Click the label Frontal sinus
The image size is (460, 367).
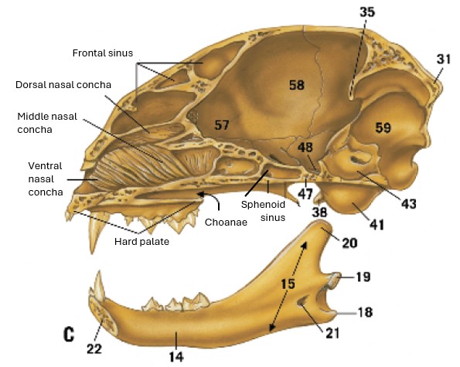103,53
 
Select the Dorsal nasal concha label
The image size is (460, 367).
63,85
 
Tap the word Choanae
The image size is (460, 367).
226,223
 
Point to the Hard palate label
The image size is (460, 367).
141,242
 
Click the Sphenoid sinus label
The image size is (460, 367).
263,211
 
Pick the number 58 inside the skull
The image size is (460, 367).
297,85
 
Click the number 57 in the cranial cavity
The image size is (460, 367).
221,125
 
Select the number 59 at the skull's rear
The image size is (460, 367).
383,127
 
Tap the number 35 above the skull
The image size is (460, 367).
367,12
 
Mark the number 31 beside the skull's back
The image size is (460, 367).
443,59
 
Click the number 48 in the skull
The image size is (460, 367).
305,147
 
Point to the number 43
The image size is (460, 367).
409,204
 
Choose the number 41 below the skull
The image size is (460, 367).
377,225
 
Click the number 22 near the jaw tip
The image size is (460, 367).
94,348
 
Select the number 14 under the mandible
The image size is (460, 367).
176,357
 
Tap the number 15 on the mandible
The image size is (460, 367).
288,284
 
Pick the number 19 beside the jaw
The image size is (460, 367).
363,277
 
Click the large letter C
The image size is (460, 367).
69,335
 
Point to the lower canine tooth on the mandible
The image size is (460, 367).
100,285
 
